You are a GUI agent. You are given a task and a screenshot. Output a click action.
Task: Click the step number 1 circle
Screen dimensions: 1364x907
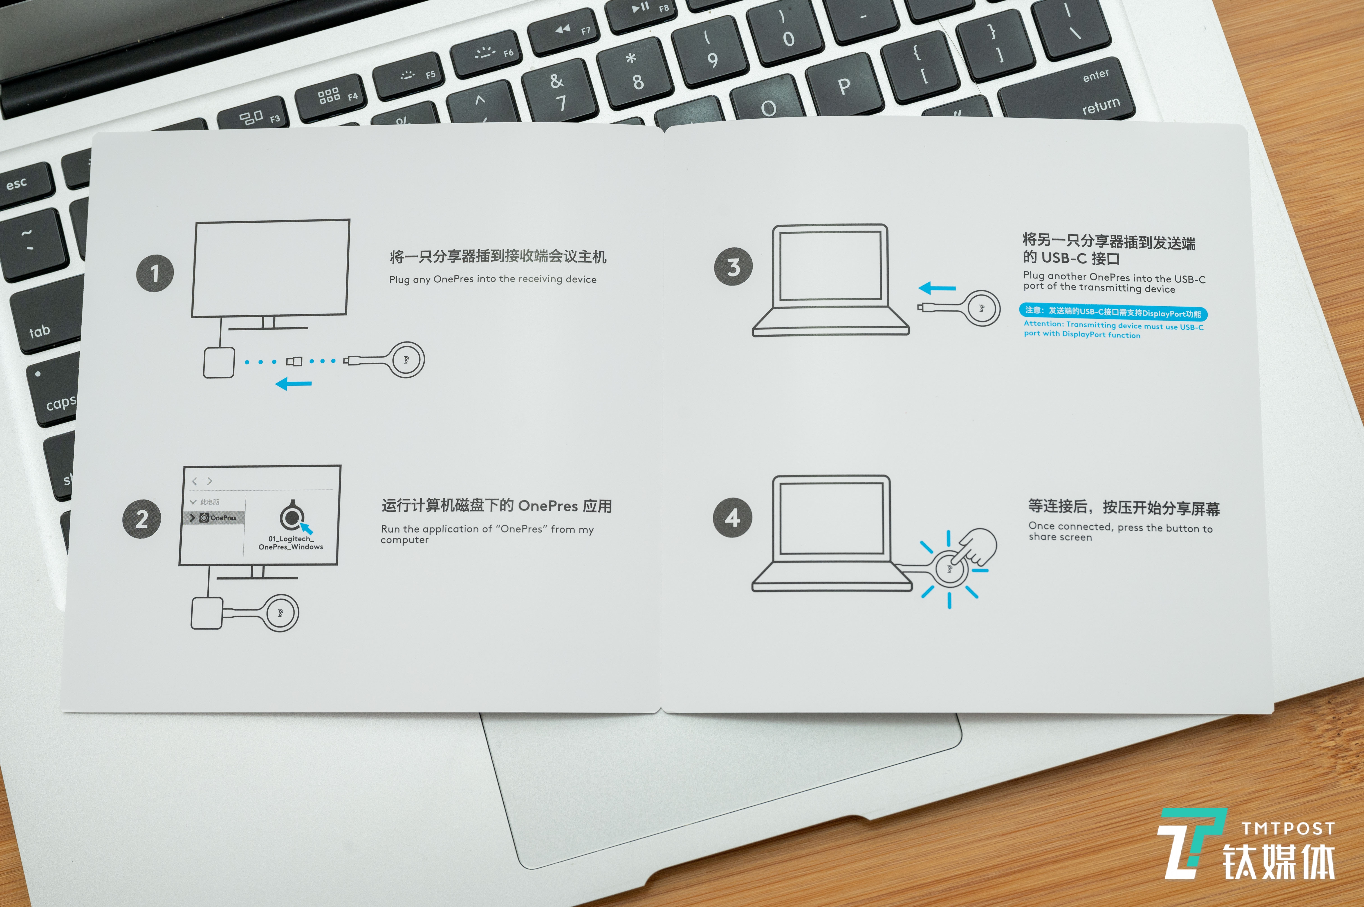155,273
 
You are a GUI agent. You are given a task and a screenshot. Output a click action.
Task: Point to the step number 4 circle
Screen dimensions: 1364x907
733,518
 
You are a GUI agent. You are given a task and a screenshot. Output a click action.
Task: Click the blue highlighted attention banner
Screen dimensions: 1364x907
1113,312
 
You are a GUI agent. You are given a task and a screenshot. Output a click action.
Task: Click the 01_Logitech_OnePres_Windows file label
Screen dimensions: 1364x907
291,543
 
